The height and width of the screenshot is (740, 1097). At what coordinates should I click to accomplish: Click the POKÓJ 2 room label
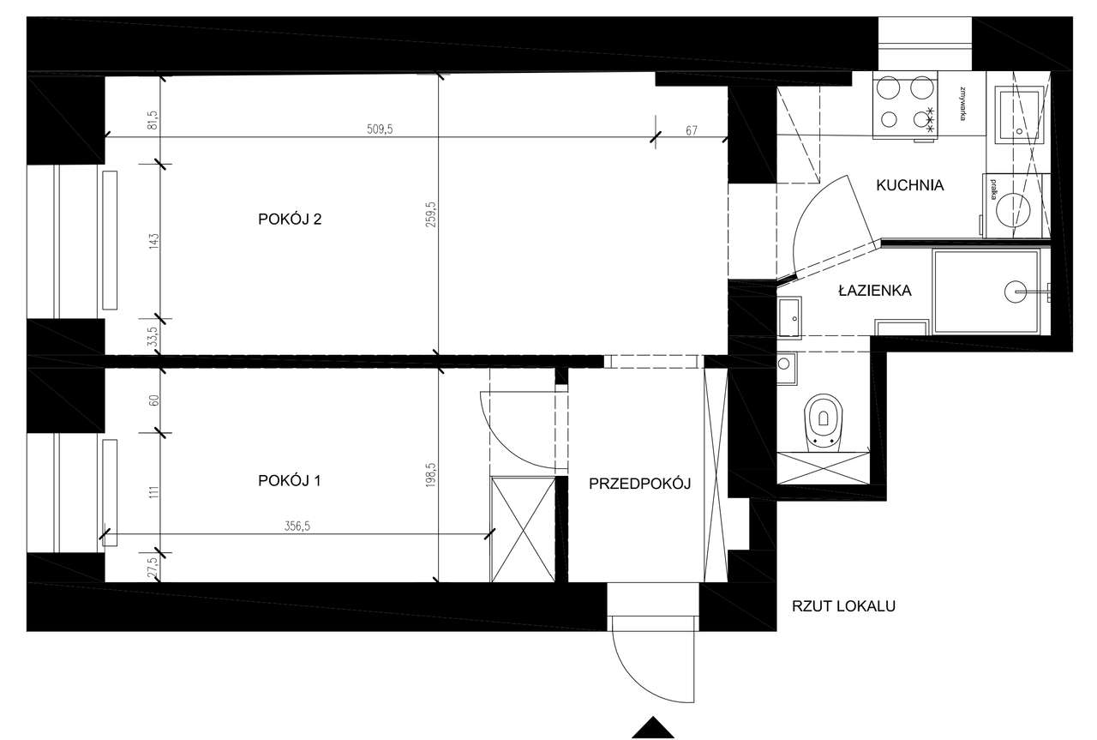point(290,220)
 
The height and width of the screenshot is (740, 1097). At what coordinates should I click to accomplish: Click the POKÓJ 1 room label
point(290,481)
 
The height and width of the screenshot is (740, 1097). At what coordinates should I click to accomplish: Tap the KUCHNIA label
point(909,185)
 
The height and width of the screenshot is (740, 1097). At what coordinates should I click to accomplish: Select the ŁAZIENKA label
point(874,291)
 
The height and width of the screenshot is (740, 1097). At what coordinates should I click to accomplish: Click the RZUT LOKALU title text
point(843,606)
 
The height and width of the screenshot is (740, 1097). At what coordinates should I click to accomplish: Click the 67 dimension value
point(692,131)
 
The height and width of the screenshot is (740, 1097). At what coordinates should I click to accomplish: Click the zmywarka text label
point(966,104)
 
